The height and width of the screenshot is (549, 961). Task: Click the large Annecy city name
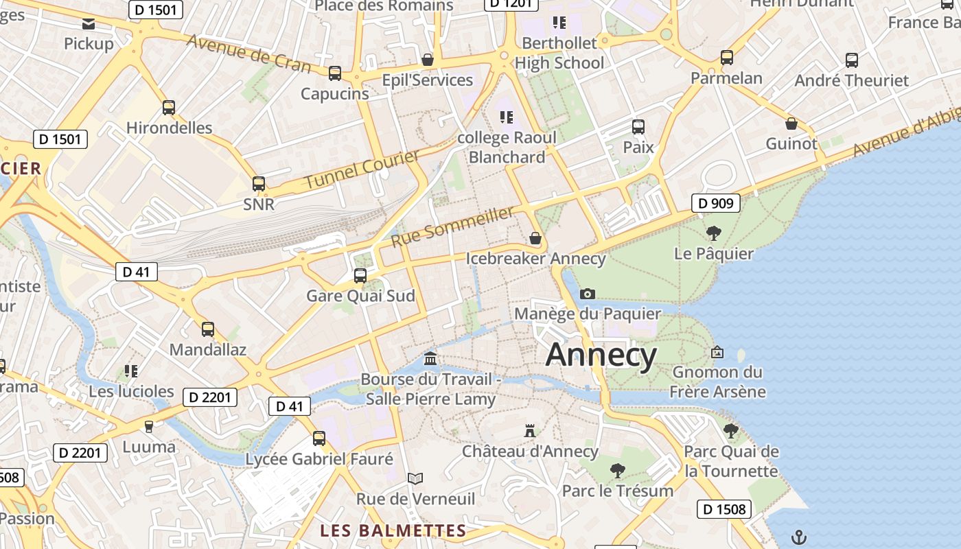pyautogui.click(x=601, y=355)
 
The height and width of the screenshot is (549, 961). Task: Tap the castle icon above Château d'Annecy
pyautogui.click(x=529, y=431)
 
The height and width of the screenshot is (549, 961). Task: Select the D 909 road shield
pyautogui.click(x=715, y=203)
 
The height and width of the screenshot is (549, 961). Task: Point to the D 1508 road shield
pyautogui.click(x=725, y=509)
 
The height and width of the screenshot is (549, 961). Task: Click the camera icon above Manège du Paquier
pyautogui.click(x=588, y=294)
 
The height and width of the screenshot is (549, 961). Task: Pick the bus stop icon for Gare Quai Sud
pyautogui.click(x=360, y=276)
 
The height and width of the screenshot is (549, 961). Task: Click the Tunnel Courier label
pyautogui.click(x=361, y=170)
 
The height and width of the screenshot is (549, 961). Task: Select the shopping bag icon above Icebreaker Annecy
pyautogui.click(x=535, y=238)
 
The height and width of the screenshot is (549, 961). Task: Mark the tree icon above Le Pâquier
pyautogui.click(x=714, y=233)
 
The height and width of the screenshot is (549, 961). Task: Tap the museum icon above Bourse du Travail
pyautogui.click(x=430, y=358)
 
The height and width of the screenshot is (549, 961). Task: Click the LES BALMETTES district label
pyautogui.click(x=393, y=530)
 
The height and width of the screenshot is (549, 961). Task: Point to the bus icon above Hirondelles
pyautogui.click(x=169, y=108)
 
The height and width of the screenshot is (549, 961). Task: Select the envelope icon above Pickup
pyautogui.click(x=89, y=25)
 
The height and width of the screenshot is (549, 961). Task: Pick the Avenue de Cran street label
pyautogui.click(x=248, y=54)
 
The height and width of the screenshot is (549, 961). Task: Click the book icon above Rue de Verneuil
pyautogui.click(x=415, y=478)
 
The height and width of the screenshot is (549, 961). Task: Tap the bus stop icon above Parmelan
pyautogui.click(x=727, y=58)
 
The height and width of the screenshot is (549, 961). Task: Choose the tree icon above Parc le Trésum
pyautogui.click(x=618, y=470)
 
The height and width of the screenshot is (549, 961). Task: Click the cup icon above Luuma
pyautogui.click(x=149, y=426)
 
